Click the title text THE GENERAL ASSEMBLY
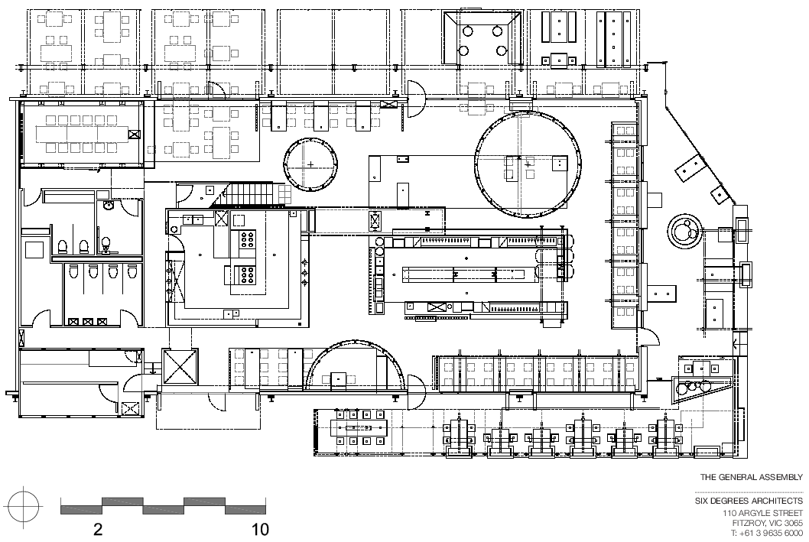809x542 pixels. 751,477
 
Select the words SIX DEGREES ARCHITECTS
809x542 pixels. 749,501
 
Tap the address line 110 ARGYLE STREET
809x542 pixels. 762,513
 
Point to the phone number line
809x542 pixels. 767,534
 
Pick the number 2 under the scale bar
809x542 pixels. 98,529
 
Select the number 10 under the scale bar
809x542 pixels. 260,529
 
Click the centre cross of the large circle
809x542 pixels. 528,164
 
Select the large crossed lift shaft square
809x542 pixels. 180,366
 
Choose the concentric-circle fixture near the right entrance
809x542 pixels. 684,232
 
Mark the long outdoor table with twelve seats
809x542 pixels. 359,427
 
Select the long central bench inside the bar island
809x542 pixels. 467,274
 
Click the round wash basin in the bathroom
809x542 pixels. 109,206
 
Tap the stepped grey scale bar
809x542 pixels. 163,506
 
